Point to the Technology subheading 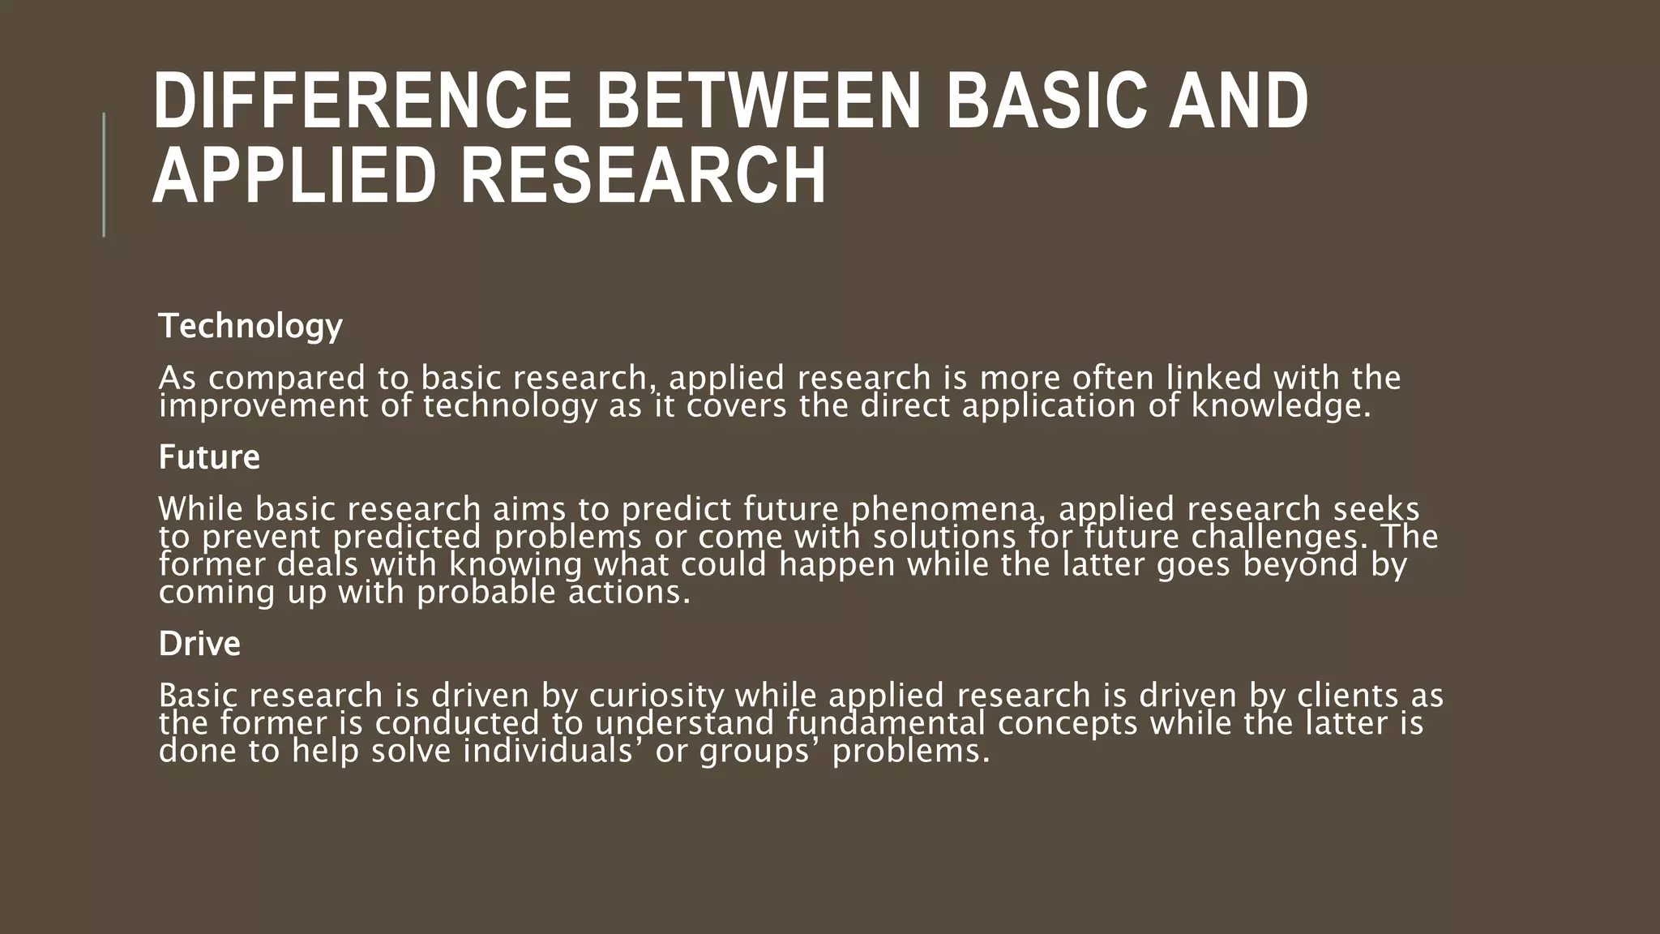point(250,326)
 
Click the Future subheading point(209,457)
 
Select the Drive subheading point(199,644)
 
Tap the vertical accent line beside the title point(104,174)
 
